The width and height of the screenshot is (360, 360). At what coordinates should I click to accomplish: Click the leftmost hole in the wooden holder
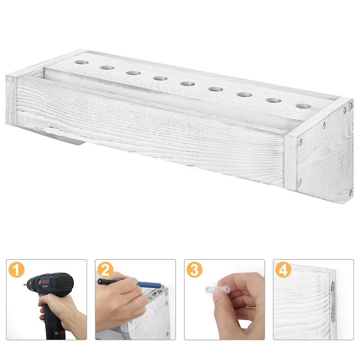pos(81,62)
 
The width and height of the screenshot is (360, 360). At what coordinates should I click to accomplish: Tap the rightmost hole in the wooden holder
pos(303,106)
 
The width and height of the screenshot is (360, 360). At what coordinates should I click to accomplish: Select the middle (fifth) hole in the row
pos(187,83)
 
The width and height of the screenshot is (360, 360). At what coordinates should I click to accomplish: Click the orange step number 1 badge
pos(16,270)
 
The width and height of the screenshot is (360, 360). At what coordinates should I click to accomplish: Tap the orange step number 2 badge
pos(105,270)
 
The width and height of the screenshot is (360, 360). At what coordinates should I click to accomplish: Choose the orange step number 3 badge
pos(194,270)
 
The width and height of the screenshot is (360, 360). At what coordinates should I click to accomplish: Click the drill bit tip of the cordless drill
pos(22,285)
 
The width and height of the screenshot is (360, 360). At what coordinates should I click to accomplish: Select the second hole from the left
pos(107,67)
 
